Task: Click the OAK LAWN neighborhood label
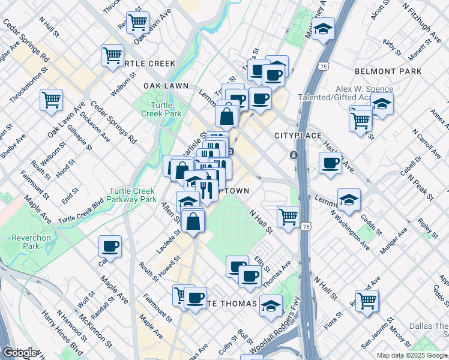click(166, 86)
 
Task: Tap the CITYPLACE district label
click(298, 136)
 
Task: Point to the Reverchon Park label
click(31, 242)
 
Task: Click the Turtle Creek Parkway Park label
click(132, 196)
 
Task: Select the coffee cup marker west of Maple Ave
click(110, 245)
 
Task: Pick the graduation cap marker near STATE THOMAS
click(271, 306)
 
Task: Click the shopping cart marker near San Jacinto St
click(367, 299)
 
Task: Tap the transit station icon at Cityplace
click(293, 155)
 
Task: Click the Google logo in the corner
click(20, 353)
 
